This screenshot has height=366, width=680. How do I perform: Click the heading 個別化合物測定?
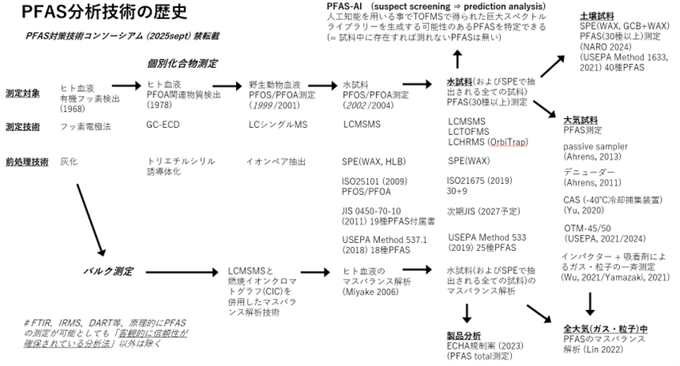point(183,63)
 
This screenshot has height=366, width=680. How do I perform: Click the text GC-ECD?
point(162,125)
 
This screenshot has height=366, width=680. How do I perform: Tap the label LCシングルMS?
point(278,125)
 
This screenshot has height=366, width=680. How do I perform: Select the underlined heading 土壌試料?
point(596,16)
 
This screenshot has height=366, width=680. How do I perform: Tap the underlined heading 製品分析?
point(463,336)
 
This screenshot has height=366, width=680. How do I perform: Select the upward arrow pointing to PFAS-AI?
point(458,59)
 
